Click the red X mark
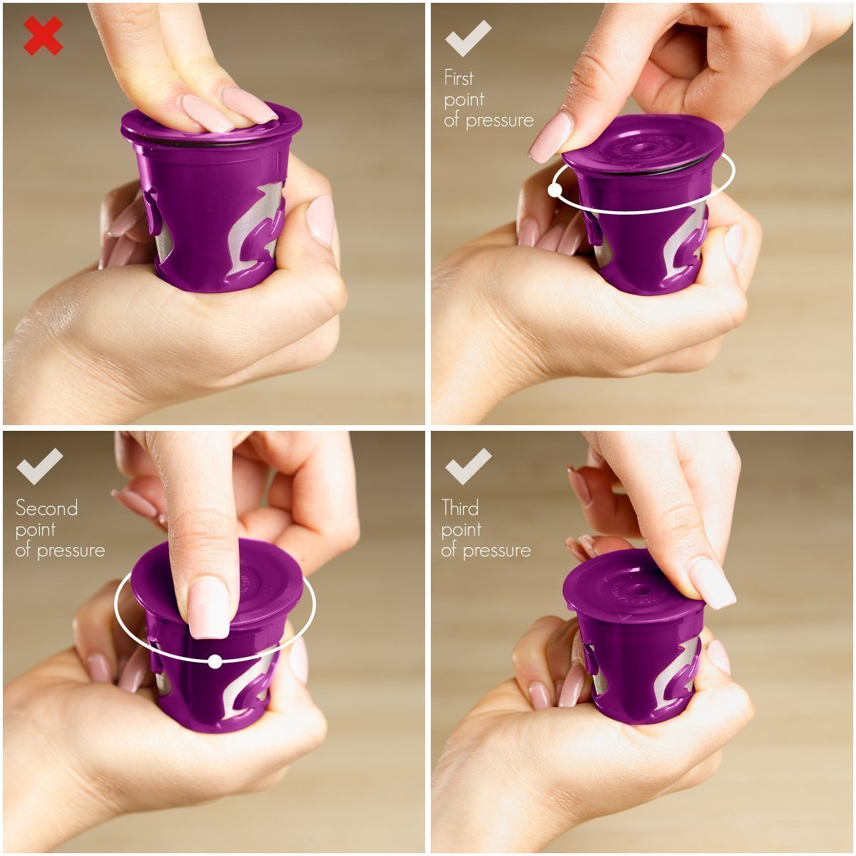tap(43, 36)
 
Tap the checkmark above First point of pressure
tap(468, 39)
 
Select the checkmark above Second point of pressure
tap(39, 467)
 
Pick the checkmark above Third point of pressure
tap(468, 467)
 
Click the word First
tap(459, 78)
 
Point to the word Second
tap(46, 508)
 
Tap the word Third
tap(460, 508)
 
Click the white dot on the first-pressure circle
tap(555, 190)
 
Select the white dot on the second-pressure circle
tap(215, 661)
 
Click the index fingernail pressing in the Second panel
tap(209, 608)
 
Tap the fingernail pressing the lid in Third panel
tap(712, 584)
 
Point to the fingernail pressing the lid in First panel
tap(551, 137)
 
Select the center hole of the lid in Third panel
tap(642, 591)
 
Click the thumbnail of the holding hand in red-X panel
tap(321, 220)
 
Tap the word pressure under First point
tap(499, 121)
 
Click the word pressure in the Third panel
tap(496, 551)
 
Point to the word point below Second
tap(36, 530)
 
